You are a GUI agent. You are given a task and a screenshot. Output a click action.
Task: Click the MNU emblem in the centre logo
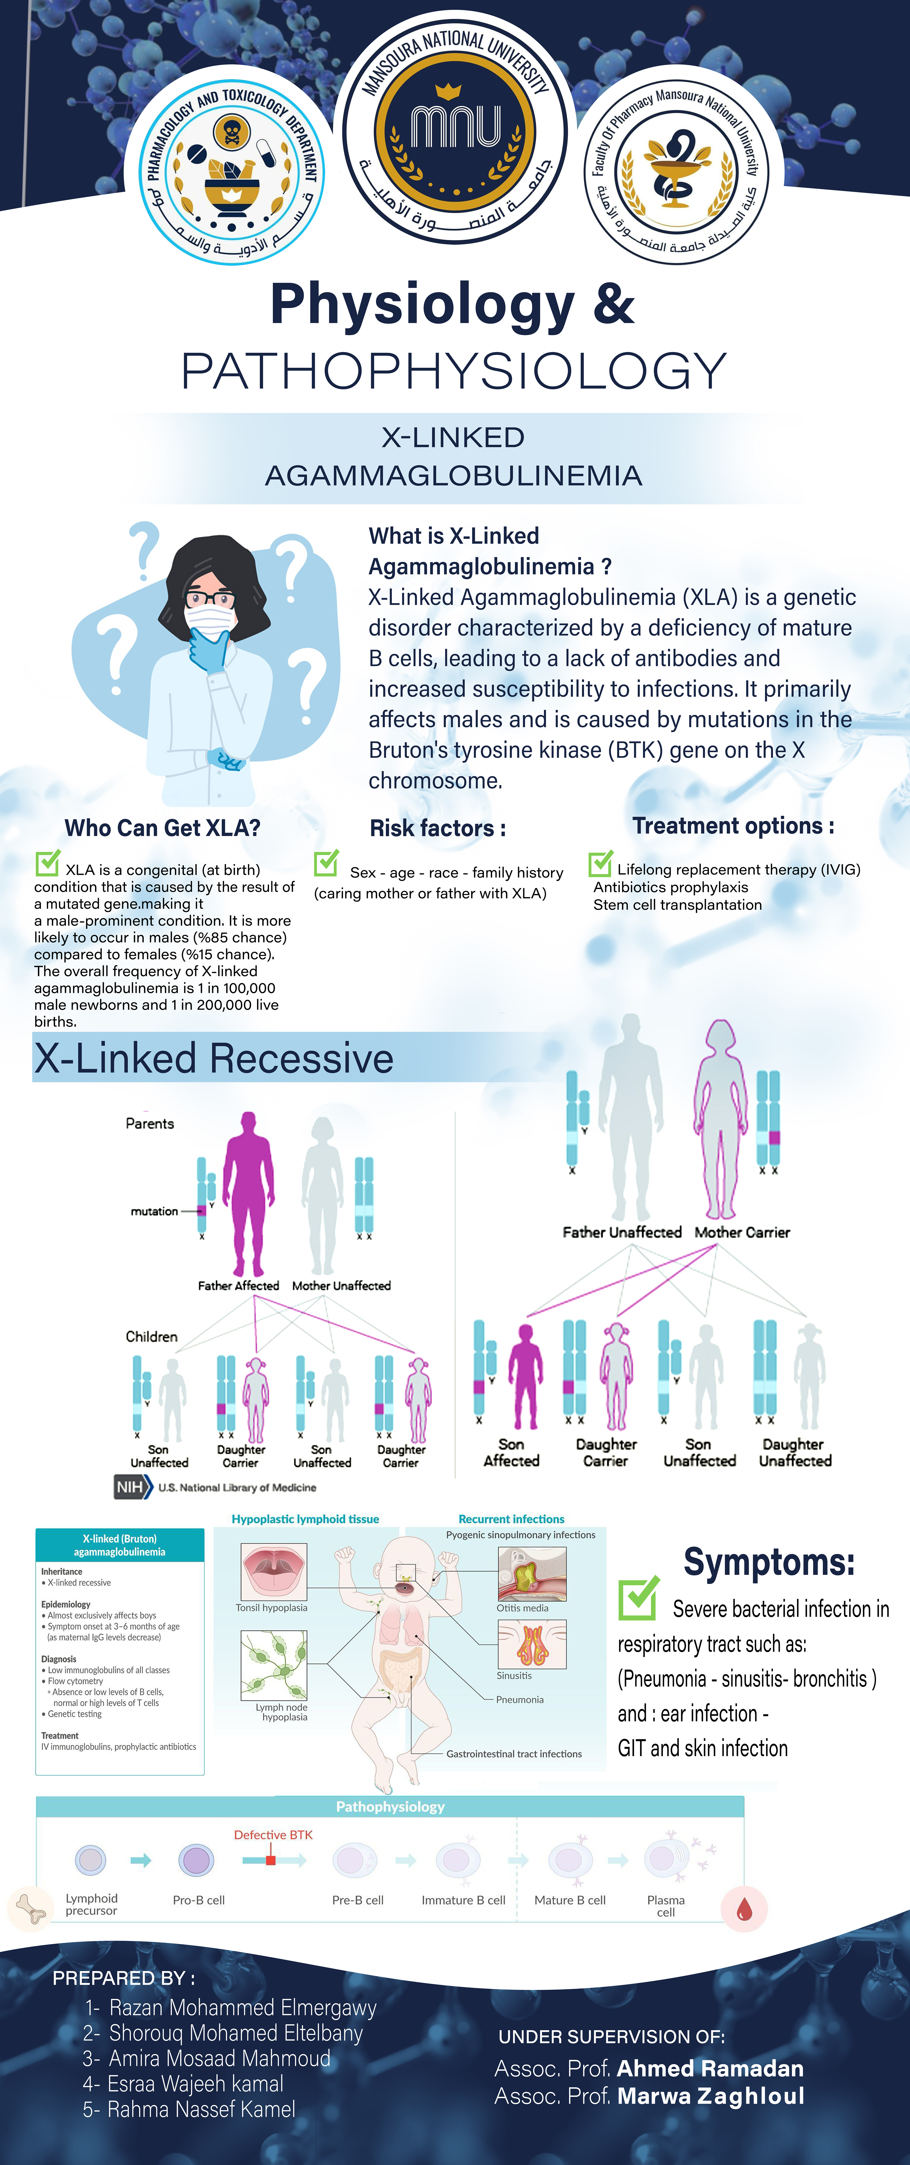[x=455, y=128]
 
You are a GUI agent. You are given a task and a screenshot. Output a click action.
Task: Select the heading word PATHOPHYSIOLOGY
[x=454, y=371]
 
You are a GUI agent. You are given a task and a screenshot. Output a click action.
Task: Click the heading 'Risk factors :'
[x=437, y=829]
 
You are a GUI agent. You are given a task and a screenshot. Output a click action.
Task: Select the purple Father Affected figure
[x=248, y=1193]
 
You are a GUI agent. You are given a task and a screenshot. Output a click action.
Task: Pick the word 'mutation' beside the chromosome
[x=154, y=1211]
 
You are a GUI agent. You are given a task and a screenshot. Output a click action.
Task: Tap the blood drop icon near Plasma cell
[x=743, y=1910]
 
